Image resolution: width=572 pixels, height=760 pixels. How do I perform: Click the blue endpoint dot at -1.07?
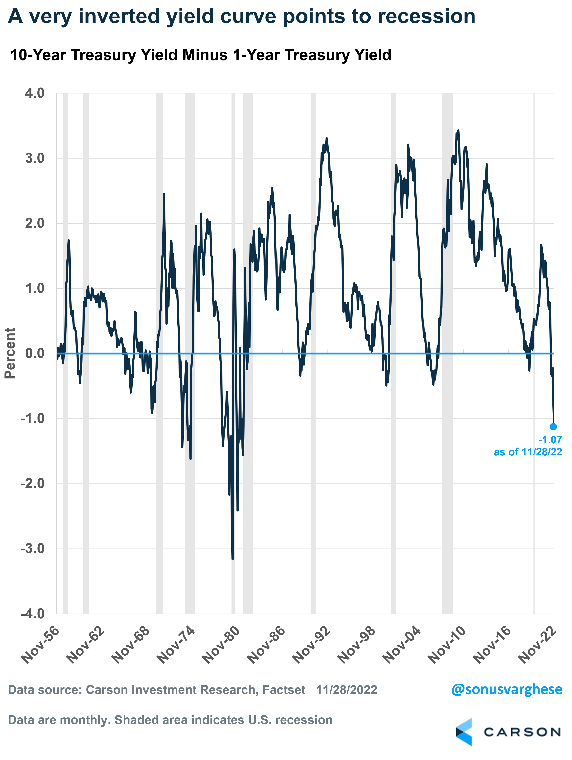553,426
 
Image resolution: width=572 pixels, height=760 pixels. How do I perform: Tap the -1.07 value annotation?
550,440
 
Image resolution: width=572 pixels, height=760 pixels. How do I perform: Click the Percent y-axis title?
10,353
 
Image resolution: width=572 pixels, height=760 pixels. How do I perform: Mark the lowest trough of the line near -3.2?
233,559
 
